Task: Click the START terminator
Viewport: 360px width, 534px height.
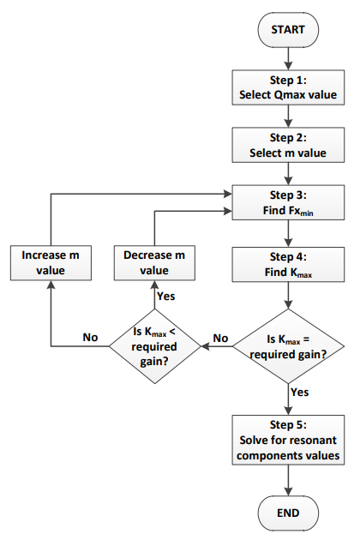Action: (x=288, y=30)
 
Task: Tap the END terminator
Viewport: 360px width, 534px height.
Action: (x=288, y=513)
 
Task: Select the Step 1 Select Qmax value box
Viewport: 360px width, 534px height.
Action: (x=288, y=87)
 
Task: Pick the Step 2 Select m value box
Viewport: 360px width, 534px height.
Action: (x=288, y=145)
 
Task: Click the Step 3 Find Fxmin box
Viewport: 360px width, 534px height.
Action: (x=288, y=202)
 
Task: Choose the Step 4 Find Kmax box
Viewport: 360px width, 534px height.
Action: (x=288, y=264)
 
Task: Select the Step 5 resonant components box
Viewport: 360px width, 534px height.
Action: (x=288, y=440)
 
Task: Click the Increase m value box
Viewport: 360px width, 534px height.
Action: (x=51, y=263)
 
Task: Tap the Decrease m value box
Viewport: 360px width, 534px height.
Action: (x=154, y=263)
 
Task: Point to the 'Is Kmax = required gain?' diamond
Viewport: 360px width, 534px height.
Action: (x=288, y=346)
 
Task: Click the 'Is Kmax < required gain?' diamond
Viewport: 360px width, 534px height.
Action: (x=154, y=346)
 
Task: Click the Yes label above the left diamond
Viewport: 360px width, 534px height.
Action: (x=166, y=297)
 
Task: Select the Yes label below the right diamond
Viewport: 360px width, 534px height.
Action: (x=300, y=392)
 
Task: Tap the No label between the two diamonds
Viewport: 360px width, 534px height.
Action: (x=220, y=339)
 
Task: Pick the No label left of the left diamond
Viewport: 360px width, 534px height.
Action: (x=90, y=337)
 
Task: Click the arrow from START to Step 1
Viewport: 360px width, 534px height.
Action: (x=288, y=58)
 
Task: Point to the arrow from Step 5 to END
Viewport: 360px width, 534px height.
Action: (x=288, y=480)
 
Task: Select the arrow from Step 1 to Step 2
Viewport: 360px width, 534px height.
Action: (x=288, y=116)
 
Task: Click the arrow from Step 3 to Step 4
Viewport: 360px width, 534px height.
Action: (x=288, y=233)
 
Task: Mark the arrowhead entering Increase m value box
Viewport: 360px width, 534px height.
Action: (x=51, y=285)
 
